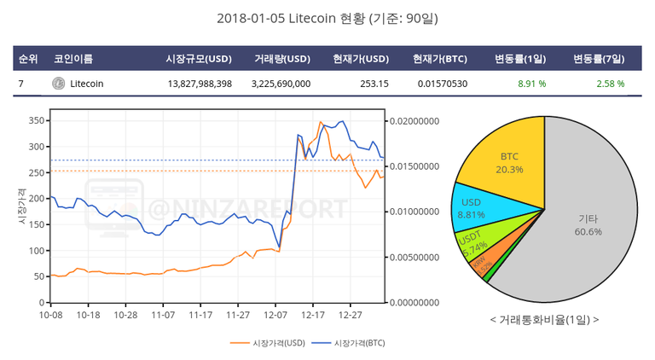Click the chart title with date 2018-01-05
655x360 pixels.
click(327, 18)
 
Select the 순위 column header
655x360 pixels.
click(27, 59)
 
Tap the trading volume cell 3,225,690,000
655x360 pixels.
click(281, 84)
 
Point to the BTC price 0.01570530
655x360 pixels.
click(443, 84)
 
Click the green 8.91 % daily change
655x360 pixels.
click(531, 84)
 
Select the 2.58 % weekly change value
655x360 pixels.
click(610, 84)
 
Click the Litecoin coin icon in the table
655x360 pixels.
click(58, 84)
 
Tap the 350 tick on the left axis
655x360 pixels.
click(34, 121)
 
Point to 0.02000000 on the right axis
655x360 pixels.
click(415, 121)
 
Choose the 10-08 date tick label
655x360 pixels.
click(51, 315)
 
